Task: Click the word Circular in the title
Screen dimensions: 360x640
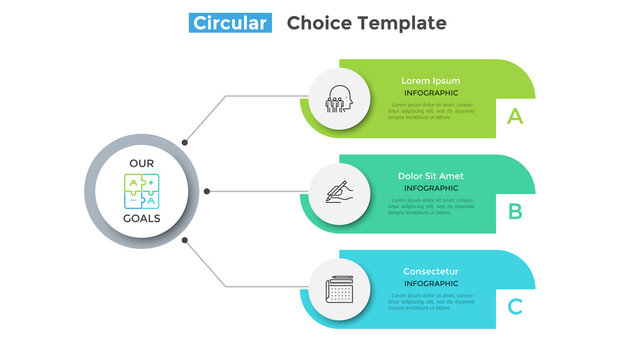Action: click(231, 23)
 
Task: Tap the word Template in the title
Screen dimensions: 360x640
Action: click(399, 23)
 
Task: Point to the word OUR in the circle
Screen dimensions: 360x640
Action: click(141, 163)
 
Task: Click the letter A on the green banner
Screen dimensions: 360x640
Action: click(515, 116)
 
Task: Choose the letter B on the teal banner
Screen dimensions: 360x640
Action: click(515, 211)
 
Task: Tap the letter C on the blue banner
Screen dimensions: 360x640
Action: click(515, 306)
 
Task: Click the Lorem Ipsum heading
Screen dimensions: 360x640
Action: click(431, 80)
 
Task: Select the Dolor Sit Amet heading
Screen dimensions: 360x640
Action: click(431, 176)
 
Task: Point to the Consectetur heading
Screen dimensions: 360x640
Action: click(431, 271)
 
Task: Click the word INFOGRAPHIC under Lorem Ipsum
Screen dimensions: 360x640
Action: click(431, 93)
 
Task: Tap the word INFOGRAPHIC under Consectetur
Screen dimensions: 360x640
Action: click(431, 284)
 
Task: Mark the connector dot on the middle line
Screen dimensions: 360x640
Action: click(207, 190)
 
